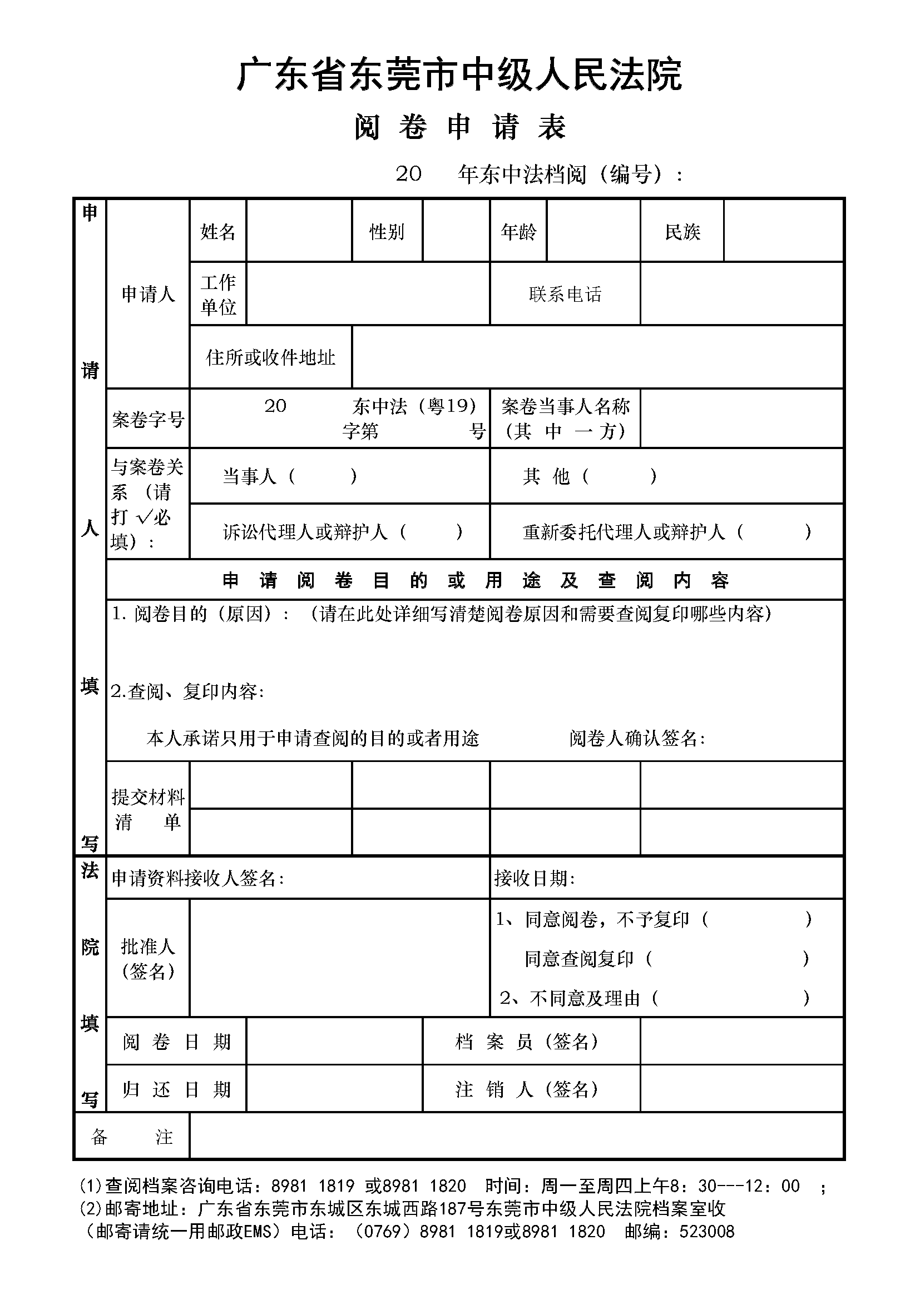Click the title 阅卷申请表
[459, 127]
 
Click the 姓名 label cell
[217, 231]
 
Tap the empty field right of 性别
[456, 231]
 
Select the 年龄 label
[518, 231]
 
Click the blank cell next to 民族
[783, 231]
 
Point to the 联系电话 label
[565, 294]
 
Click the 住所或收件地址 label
[270, 357]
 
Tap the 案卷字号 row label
[148, 420]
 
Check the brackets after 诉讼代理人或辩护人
[431, 532]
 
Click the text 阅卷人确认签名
[637, 738]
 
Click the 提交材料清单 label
[148, 809]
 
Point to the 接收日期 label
[534, 878]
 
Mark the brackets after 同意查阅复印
[728, 959]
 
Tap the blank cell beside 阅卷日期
[334, 1042]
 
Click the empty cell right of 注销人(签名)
[741, 1089]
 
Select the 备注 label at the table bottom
[131, 1137]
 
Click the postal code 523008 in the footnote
[706, 1231]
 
